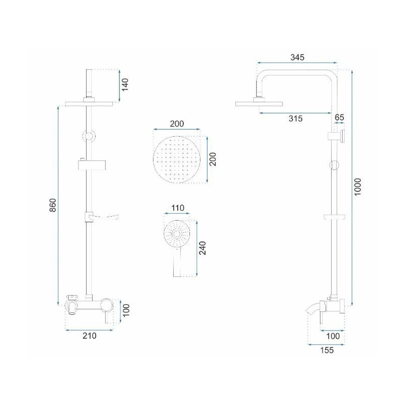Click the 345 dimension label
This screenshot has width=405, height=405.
click(297, 57)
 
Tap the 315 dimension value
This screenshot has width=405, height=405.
click(296, 118)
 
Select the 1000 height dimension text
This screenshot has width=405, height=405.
click(357, 187)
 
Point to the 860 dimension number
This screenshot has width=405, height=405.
click(53, 205)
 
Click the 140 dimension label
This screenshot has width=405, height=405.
click(125, 84)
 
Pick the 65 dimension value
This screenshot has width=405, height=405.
click(339, 117)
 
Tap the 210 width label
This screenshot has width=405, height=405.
click(90, 336)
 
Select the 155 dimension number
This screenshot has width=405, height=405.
click(327, 350)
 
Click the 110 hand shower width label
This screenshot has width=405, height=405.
click(178, 208)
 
